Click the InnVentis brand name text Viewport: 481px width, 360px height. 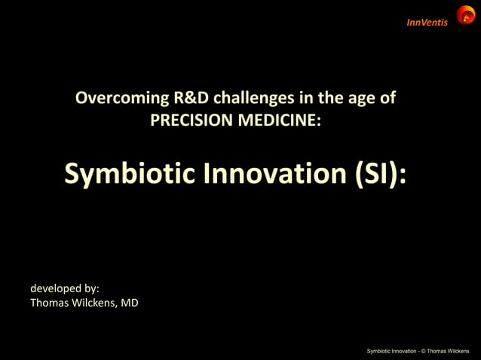point(427,22)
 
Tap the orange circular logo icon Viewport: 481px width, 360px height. point(465,14)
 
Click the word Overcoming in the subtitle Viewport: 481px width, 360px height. point(118,98)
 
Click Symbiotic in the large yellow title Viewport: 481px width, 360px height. point(128,173)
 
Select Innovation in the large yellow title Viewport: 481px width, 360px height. point(274,173)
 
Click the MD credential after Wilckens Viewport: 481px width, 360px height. point(129,304)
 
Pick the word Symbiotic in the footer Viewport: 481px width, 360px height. point(380,351)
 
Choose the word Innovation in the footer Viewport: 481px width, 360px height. point(406,351)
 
